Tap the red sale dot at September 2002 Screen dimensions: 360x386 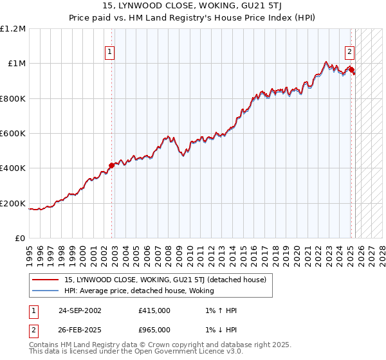[x=111, y=165]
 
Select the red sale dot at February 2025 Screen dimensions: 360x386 [x=351, y=69]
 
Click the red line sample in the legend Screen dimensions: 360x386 [x=46, y=280]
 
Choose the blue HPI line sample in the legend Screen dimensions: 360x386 [x=46, y=291]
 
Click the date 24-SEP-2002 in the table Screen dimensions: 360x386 [x=80, y=310]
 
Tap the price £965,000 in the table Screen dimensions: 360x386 [x=154, y=330]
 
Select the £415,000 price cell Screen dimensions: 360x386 [x=154, y=310]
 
